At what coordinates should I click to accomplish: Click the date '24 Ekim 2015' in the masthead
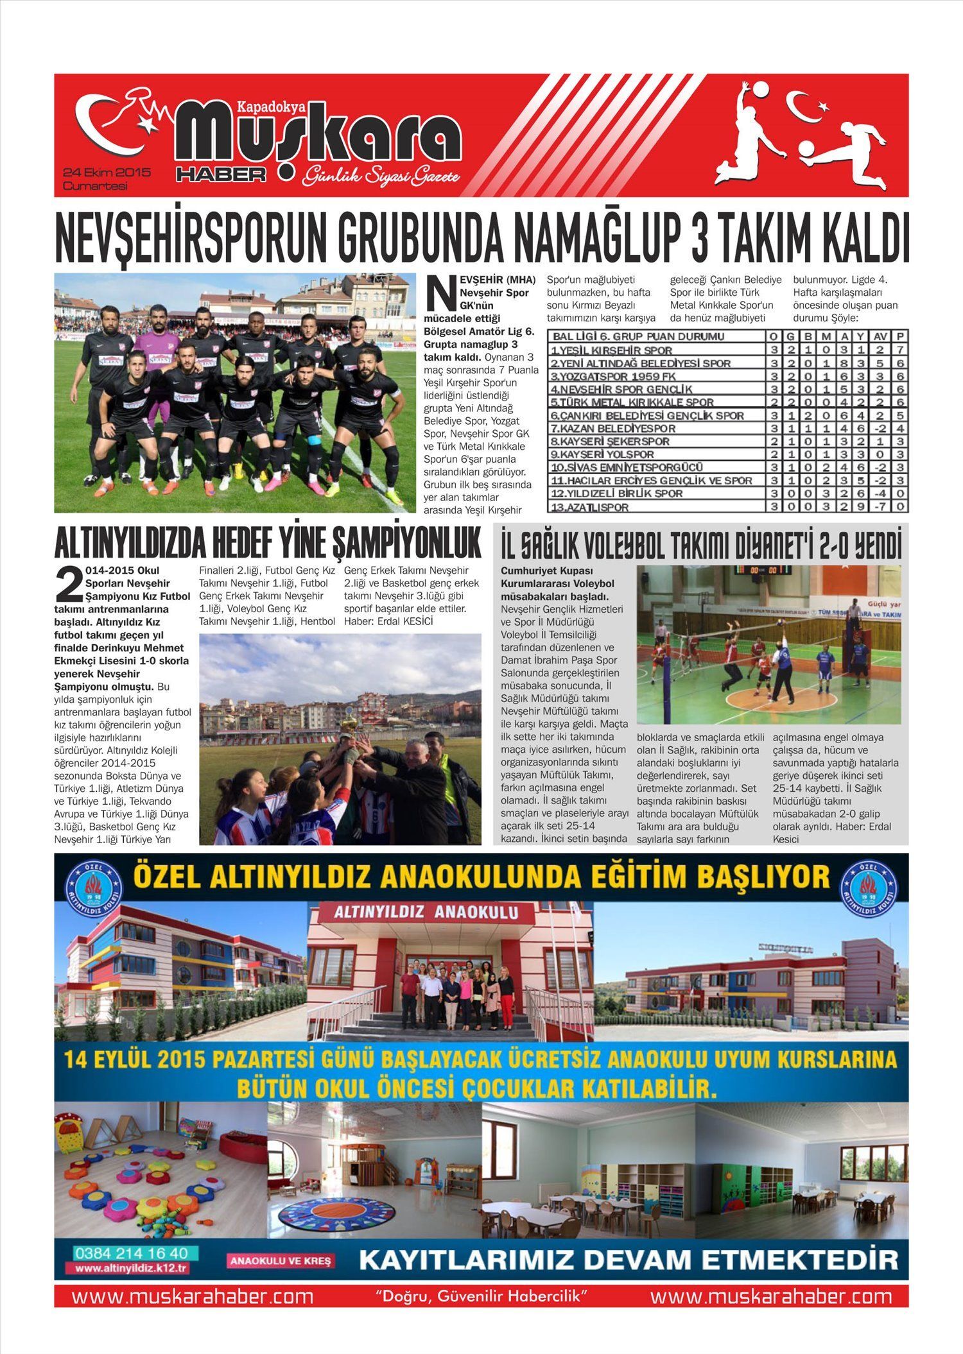click(107, 173)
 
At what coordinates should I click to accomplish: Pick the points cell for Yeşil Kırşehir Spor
click(901, 350)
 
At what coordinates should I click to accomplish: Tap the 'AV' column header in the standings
click(880, 336)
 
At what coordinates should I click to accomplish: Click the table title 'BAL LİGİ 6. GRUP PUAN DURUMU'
click(639, 336)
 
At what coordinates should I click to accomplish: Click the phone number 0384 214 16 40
click(132, 1253)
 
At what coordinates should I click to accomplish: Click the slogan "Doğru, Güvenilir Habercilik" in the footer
click(481, 1295)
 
